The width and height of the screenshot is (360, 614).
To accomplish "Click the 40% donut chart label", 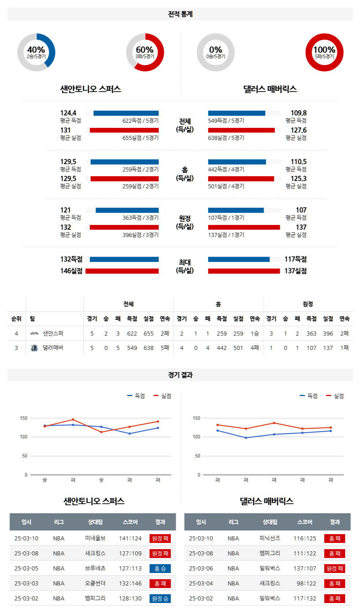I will coord(36,50).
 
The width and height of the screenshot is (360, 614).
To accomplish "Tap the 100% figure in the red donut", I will coord(324,50).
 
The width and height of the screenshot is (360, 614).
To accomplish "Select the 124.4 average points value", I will coord(68,113).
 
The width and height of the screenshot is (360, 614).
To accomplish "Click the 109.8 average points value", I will coord(298,113).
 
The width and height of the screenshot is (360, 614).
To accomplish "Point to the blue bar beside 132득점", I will coord(124,259).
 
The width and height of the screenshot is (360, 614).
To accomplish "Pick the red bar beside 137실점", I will coord(244,271).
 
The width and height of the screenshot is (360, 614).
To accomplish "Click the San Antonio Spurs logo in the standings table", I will coord(34,333).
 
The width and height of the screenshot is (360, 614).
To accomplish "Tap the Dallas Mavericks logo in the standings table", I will coord(34,348).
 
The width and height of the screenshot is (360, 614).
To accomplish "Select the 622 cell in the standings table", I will coord(132,334).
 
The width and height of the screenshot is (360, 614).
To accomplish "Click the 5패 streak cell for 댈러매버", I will coord(165,348).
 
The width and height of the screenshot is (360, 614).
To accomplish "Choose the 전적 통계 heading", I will coord(180,14).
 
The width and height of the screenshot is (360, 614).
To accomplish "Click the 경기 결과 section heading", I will coord(180,375).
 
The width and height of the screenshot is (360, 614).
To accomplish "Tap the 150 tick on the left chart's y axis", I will coord(24,418).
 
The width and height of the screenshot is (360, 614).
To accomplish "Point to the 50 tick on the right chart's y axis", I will coord(197,456).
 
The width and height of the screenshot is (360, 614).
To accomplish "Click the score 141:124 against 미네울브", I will coord(130,539).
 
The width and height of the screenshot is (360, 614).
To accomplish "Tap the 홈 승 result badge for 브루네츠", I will coord(160,569).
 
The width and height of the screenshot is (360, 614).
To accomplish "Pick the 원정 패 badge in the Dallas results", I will coord(335,569).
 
